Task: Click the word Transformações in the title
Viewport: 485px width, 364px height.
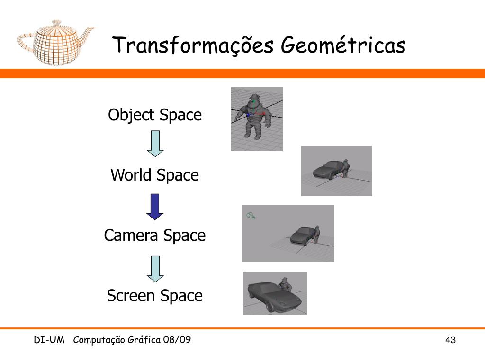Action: click(x=193, y=45)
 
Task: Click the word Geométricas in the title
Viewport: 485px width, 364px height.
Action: click(x=343, y=45)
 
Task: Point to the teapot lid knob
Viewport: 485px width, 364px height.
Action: click(x=56, y=23)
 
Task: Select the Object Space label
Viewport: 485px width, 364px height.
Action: click(x=155, y=115)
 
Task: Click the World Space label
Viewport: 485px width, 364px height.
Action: click(x=155, y=175)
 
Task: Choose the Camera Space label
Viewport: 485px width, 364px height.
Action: click(x=155, y=235)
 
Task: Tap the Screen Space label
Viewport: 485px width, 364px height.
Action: click(x=155, y=295)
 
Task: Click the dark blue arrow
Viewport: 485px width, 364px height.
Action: click(x=155, y=207)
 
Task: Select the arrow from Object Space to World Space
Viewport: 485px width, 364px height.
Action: click(x=155, y=144)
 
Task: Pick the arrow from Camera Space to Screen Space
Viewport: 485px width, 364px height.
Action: click(x=155, y=269)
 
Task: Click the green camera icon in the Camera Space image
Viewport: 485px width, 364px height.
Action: click(x=251, y=216)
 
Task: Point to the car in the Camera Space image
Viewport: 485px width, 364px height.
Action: click(x=302, y=236)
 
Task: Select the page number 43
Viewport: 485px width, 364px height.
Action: click(x=450, y=340)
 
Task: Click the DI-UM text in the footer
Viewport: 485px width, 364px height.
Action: click(x=49, y=340)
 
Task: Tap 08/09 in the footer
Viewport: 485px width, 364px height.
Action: click(x=177, y=339)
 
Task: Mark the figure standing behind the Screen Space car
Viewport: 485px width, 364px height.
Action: click(x=286, y=284)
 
